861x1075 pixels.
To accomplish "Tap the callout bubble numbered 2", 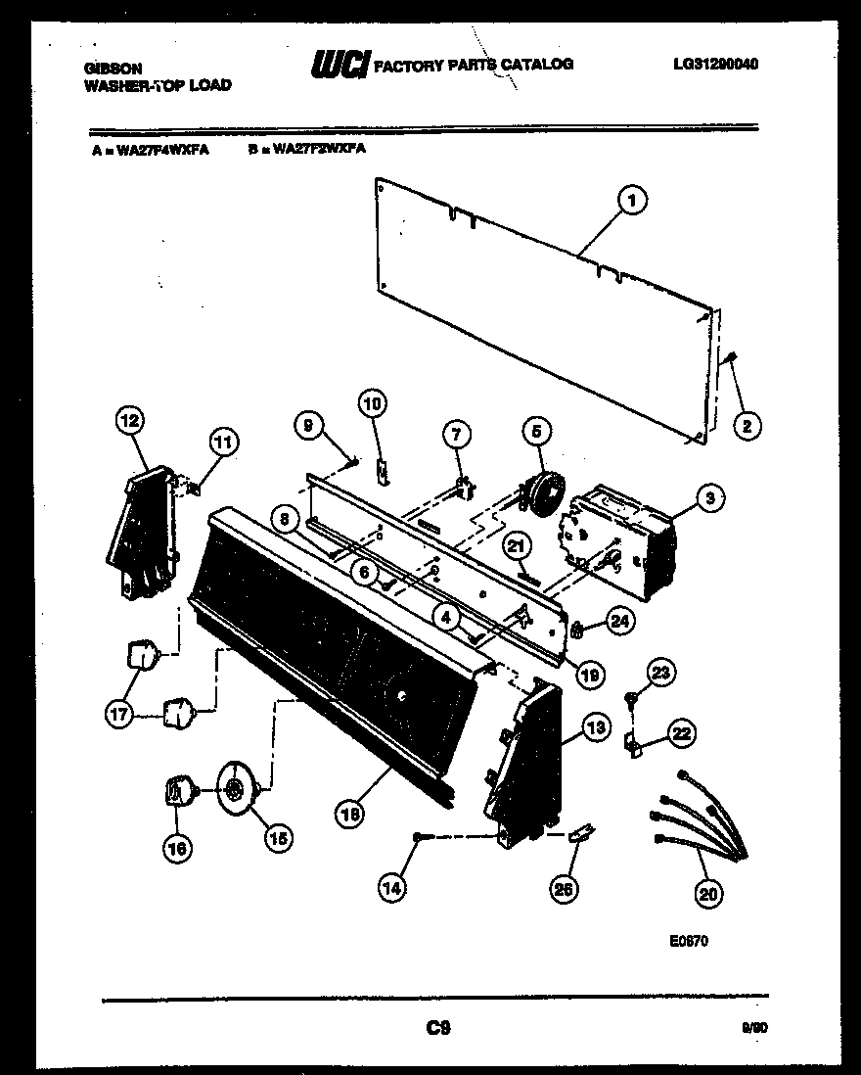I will pyautogui.click(x=748, y=425).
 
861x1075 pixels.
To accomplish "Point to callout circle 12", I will pyautogui.click(x=129, y=421).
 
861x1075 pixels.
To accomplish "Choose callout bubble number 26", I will pyautogui.click(x=566, y=888).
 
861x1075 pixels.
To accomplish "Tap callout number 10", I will pyautogui.click(x=374, y=402).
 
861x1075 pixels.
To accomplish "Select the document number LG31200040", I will pyautogui.click(x=716, y=64).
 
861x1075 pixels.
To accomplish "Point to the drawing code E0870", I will pyautogui.click(x=689, y=941).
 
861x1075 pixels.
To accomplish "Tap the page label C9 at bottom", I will pyautogui.click(x=437, y=1027).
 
